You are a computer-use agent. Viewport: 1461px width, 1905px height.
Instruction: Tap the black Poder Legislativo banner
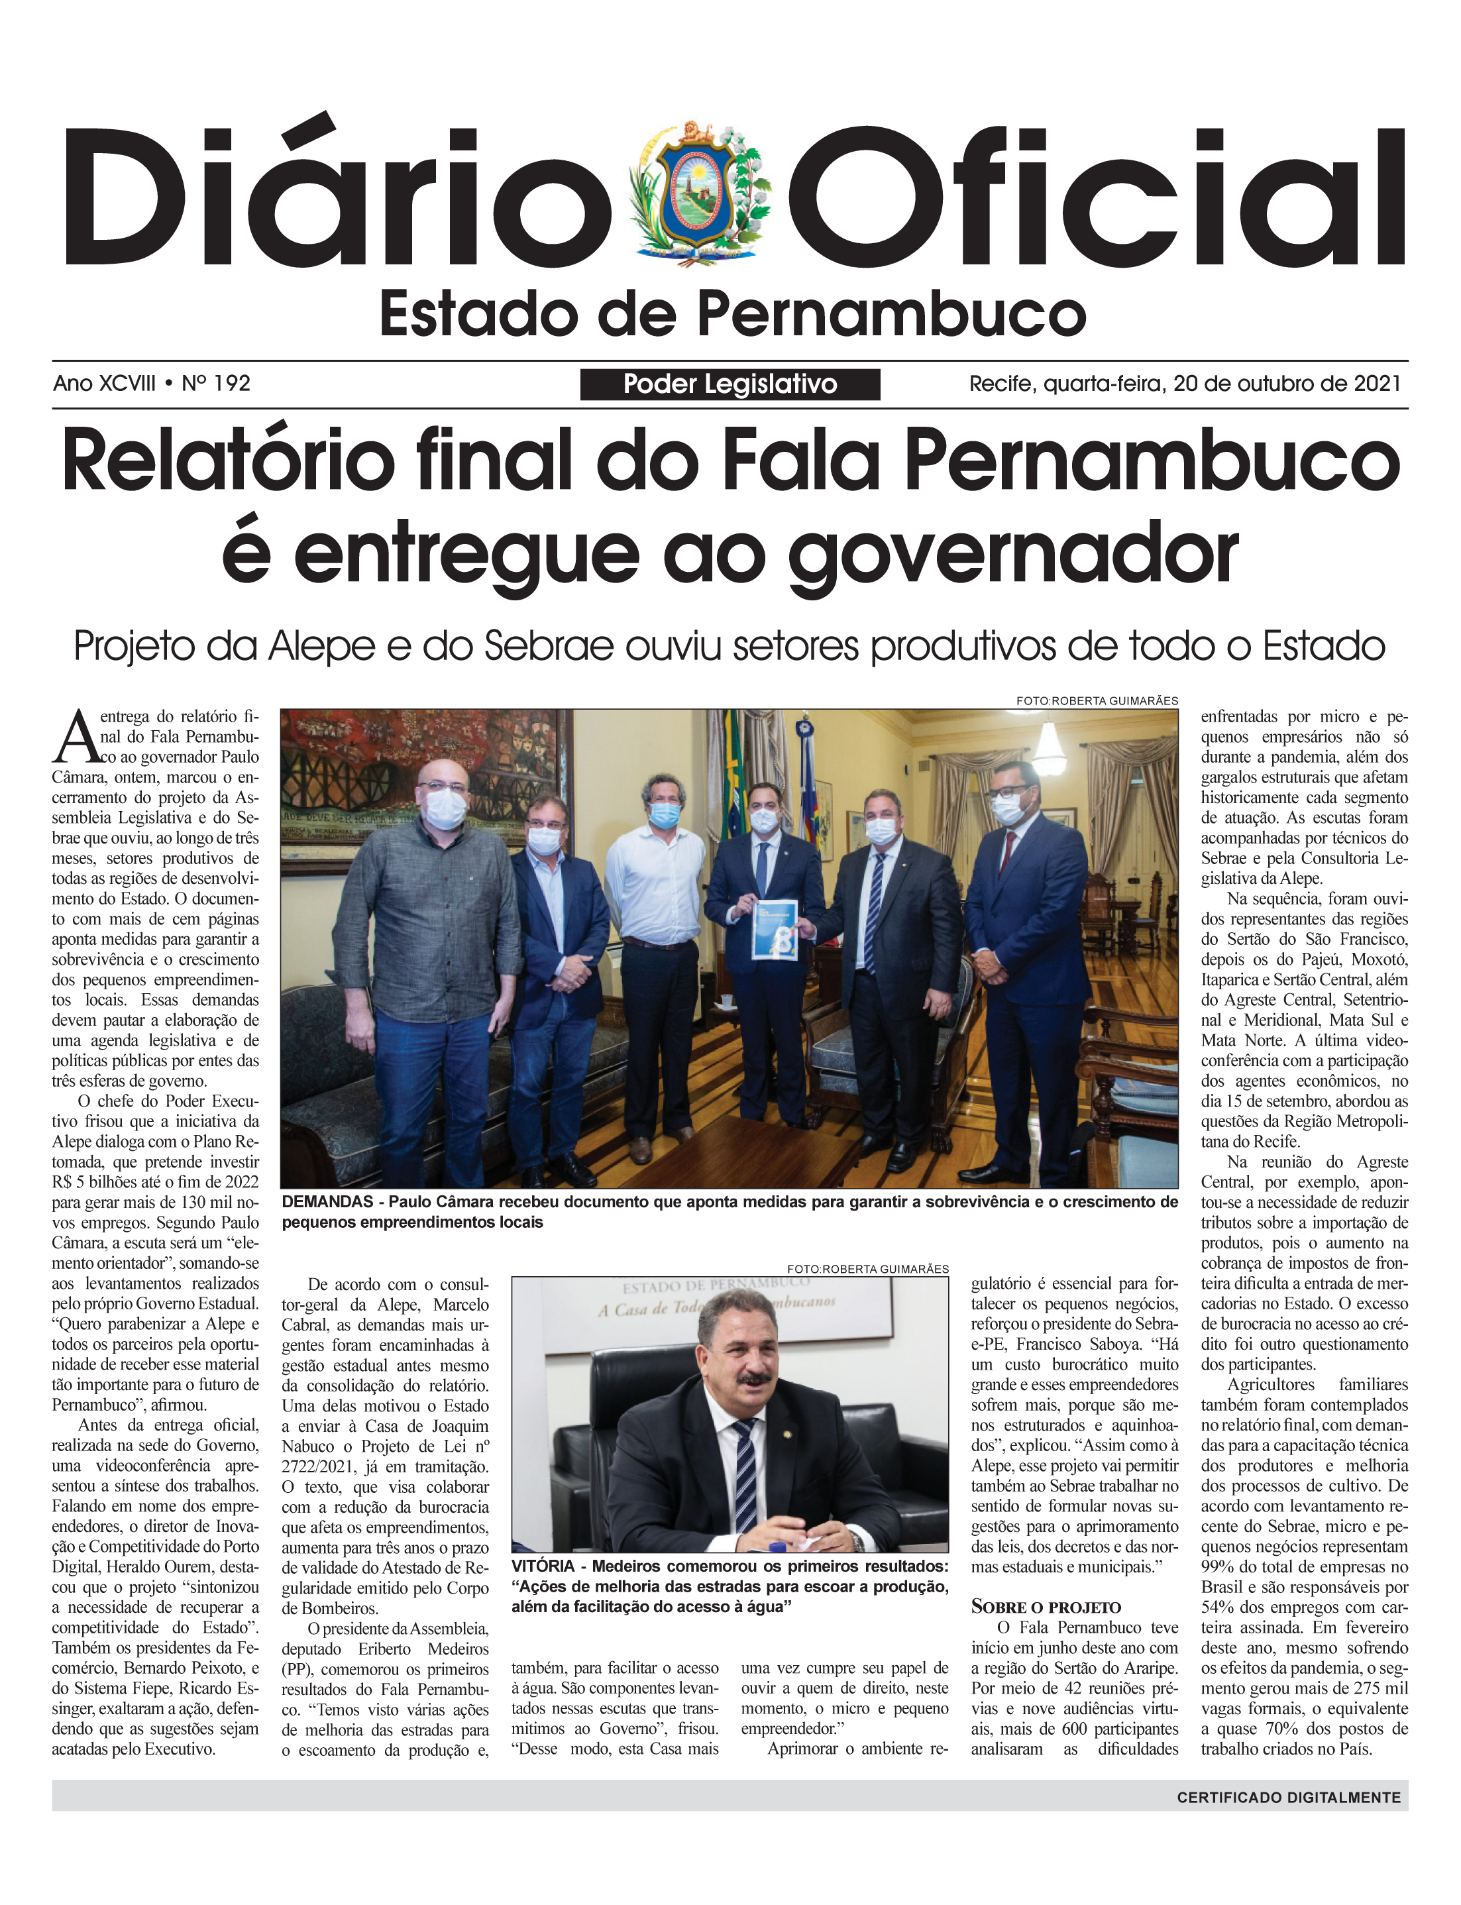(730, 384)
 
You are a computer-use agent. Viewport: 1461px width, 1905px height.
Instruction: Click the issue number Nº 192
(216, 384)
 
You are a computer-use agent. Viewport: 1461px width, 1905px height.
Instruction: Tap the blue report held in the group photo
(774, 928)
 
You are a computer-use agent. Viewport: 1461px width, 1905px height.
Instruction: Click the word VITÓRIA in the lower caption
(543, 1566)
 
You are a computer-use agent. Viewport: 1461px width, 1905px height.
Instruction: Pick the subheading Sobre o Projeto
(1046, 1607)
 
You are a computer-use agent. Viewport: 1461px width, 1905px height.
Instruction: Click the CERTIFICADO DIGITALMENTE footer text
(1288, 1797)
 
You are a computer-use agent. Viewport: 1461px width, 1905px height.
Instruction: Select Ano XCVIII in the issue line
(105, 384)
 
